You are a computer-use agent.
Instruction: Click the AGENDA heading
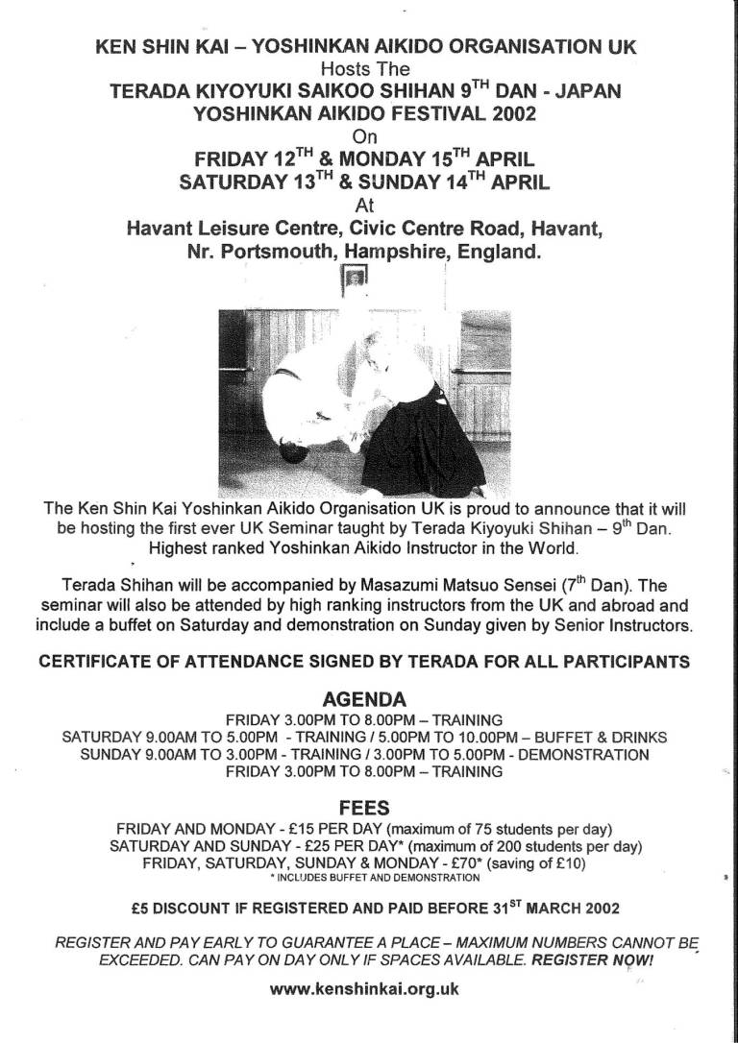tap(369, 699)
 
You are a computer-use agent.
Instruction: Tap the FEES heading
tap(369, 809)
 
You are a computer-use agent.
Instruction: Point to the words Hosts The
tap(369, 68)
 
